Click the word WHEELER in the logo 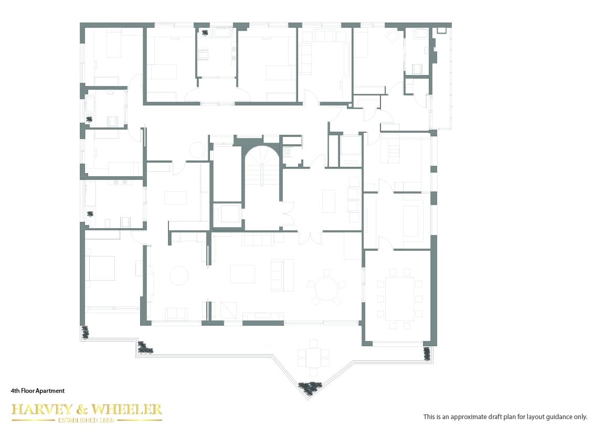(128, 410)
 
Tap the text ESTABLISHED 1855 (87, 420)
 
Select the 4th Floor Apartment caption (38, 391)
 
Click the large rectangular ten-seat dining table (399, 299)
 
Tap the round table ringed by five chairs (326, 288)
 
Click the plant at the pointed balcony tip (309, 388)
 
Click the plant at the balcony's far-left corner (85, 332)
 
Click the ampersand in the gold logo (83, 410)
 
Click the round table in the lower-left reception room (178, 276)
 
